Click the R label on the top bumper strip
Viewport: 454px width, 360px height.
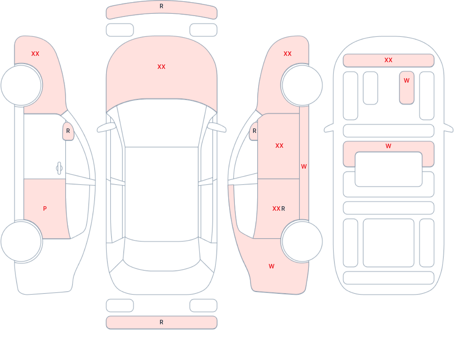(x=162, y=6)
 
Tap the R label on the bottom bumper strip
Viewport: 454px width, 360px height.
(x=162, y=322)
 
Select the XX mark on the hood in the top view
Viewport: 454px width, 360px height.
(x=162, y=67)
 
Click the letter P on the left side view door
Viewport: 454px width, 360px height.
(x=45, y=209)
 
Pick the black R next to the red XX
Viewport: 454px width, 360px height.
(x=283, y=209)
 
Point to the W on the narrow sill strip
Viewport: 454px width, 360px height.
(x=304, y=166)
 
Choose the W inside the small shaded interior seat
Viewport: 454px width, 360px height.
(x=406, y=80)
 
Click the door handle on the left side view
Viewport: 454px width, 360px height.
(x=59, y=168)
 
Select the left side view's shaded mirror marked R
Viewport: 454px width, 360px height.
(x=68, y=131)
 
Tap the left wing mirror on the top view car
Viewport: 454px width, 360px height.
(x=106, y=127)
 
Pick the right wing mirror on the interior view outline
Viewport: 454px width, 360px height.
(x=448, y=128)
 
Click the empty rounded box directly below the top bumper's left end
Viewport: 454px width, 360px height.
(x=120, y=30)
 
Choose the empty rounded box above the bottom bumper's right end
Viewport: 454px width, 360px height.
(x=204, y=305)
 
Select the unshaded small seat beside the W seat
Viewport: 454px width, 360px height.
(x=371, y=88)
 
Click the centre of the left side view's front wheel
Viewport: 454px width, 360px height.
(x=21, y=85)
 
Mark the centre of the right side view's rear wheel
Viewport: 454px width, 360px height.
(x=302, y=241)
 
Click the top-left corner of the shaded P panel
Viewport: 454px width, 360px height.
(x=24, y=179)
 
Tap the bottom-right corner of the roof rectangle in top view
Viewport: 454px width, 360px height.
(x=198, y=237)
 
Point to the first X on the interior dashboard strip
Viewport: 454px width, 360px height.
(x=387, y=60)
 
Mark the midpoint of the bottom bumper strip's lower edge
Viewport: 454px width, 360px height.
(x=162, y=329)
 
